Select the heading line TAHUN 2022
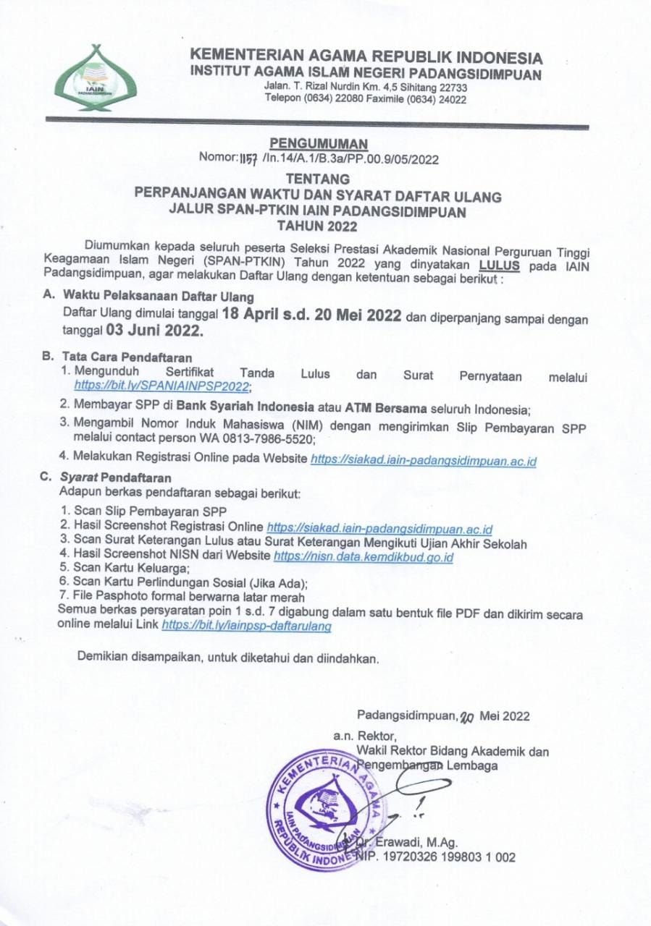point(328,226)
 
